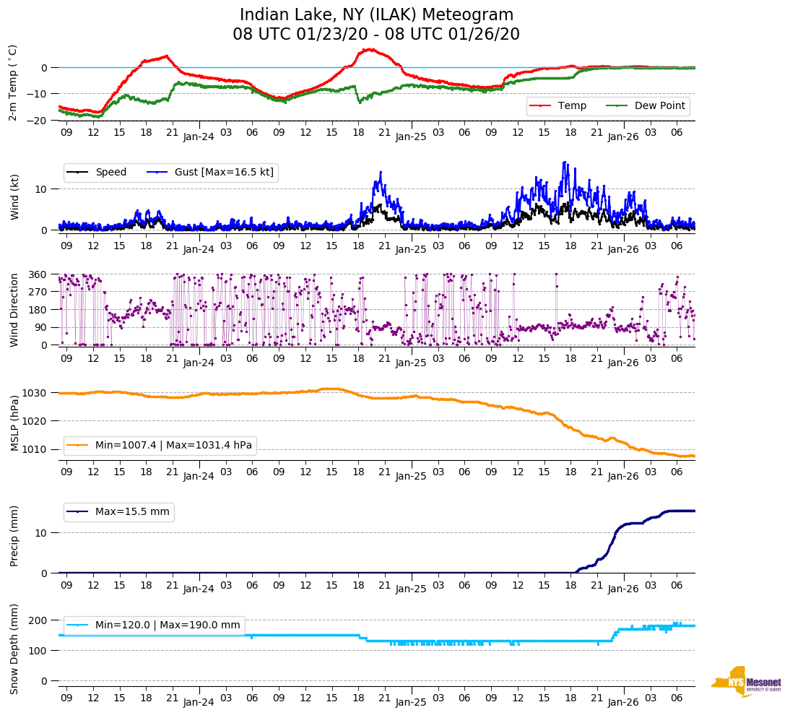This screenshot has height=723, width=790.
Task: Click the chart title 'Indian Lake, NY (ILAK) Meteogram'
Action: coord(376,15)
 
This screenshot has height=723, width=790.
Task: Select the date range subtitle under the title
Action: coord(376,35)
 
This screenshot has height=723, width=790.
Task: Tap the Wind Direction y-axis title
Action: coord(14,310)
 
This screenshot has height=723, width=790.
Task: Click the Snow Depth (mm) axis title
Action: coord(14,648)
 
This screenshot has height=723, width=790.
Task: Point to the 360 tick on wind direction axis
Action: coord(39,274)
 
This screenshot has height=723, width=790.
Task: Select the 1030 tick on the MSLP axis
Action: coord(36,393)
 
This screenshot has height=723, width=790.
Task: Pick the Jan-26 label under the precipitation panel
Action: coord(623,589)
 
